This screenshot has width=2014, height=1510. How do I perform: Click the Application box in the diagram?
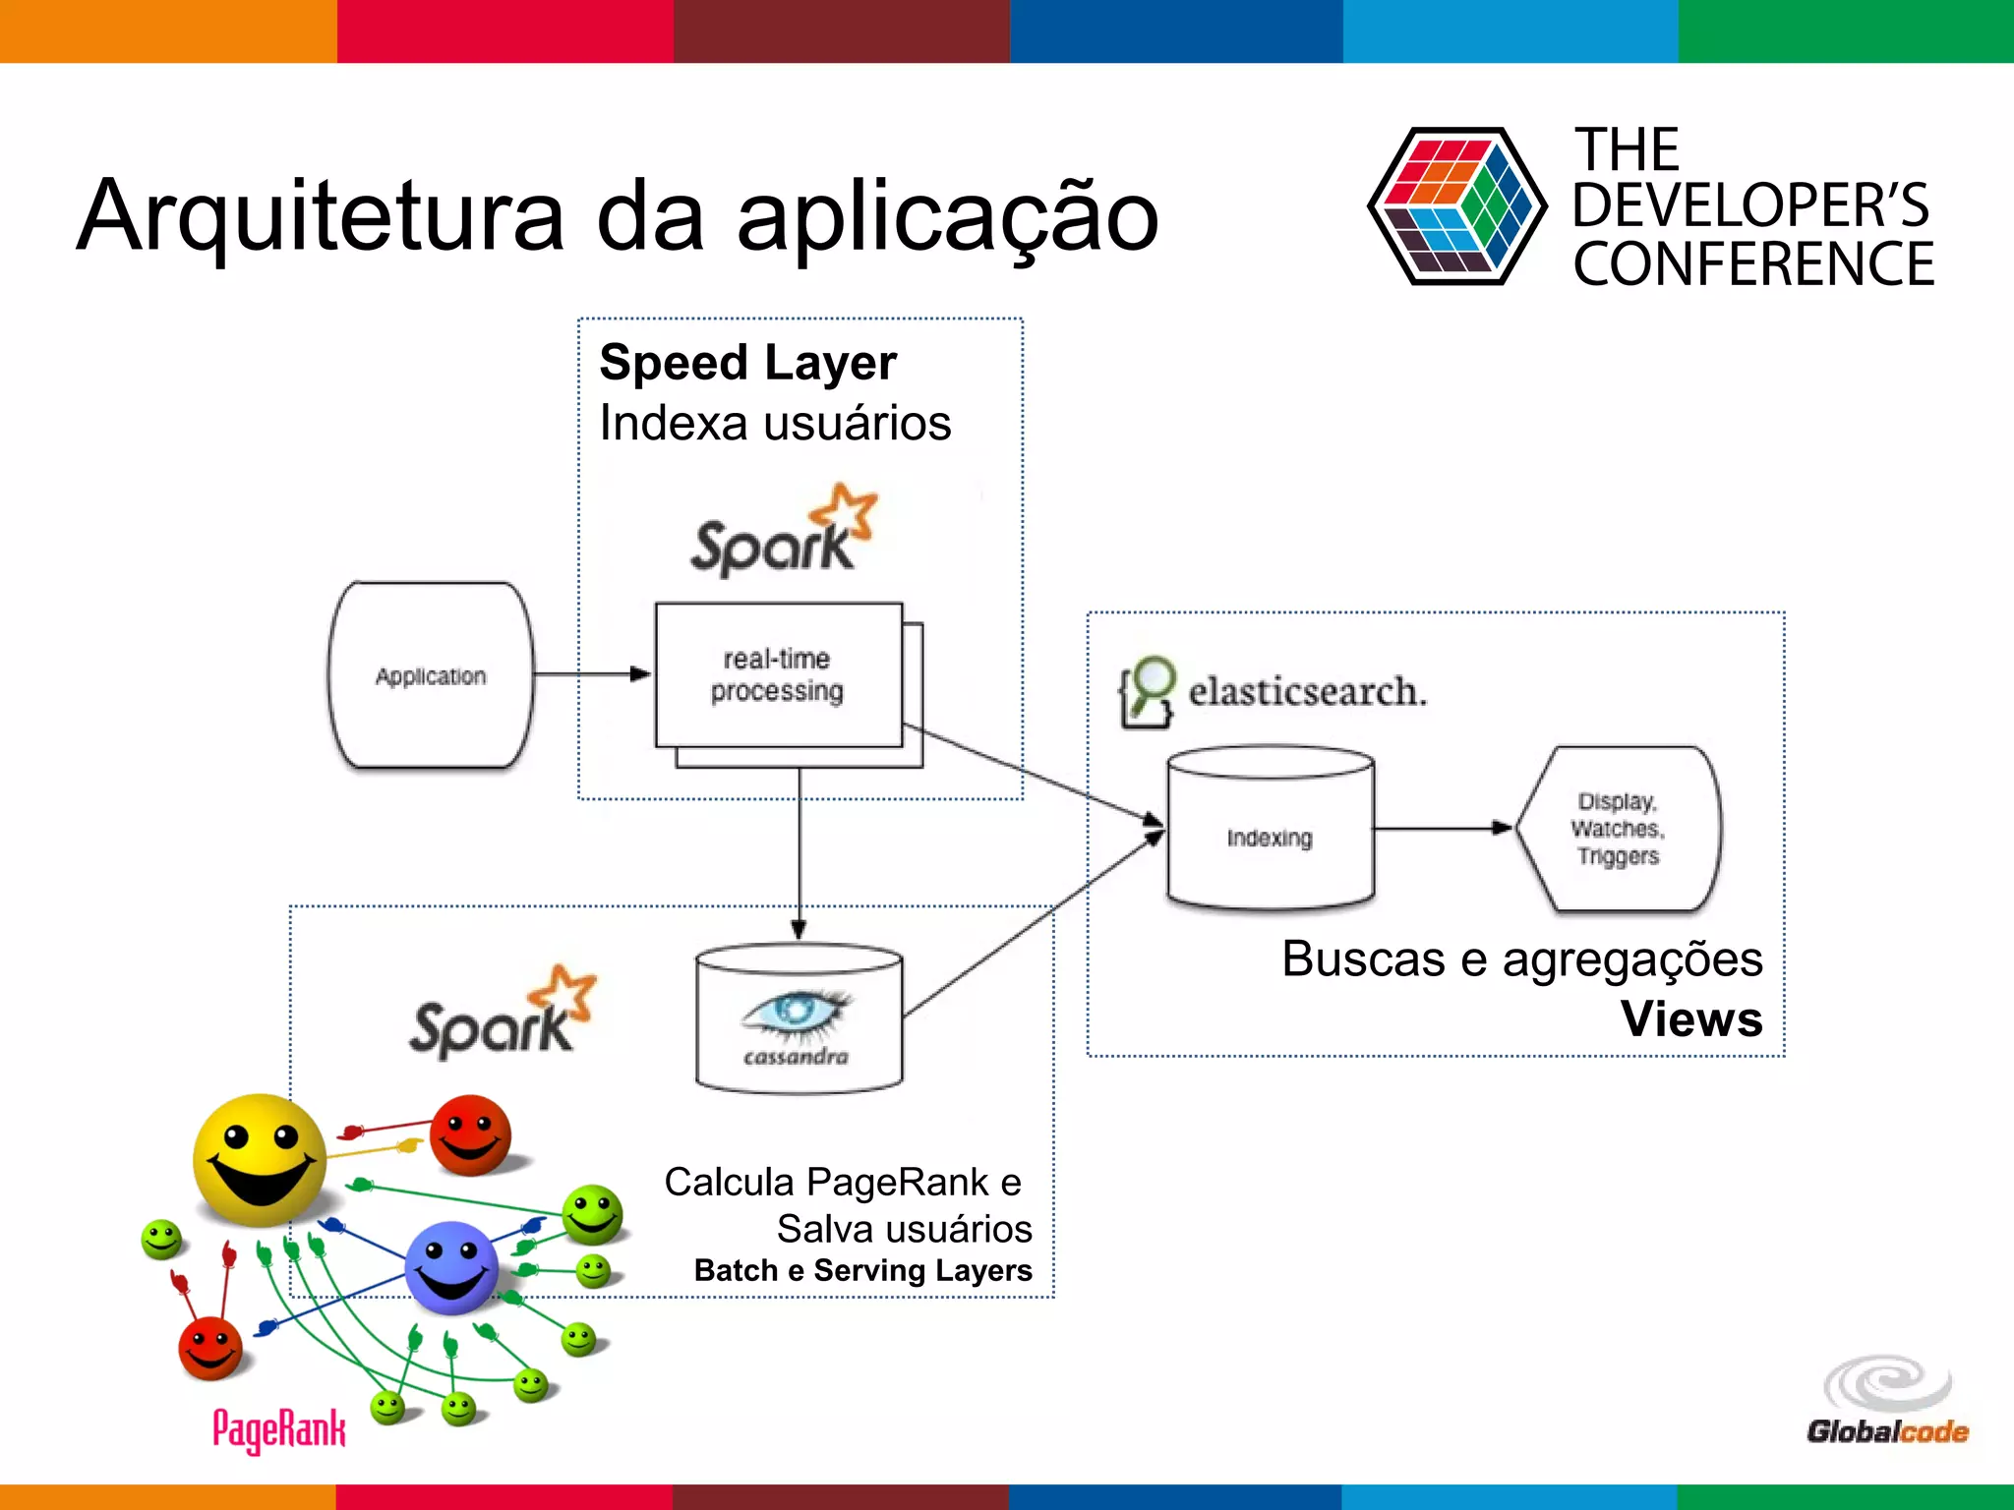coord(431,675)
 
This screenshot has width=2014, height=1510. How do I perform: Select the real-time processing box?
coord(778,675)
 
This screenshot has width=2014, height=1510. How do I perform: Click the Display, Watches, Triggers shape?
coord(1619,829)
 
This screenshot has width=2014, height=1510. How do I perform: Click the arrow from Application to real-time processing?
coord(590,674)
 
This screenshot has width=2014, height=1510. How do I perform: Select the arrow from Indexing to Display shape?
coord(1442,829)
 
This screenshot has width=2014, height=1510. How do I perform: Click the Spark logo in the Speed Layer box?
coord(783,531)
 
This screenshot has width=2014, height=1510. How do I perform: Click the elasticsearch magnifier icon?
coord(1148,691)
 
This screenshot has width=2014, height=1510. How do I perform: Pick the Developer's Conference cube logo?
coord(1456,205)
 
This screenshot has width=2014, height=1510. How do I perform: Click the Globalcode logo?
coord(1887,1400)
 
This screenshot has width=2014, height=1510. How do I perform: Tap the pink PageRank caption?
coord(279,1428)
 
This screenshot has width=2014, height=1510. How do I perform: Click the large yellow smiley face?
coord(260,1160)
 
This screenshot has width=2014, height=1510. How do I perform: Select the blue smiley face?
coord(451,1267)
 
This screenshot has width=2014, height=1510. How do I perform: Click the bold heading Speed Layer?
coord(747,363)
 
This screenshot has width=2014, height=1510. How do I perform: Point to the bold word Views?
coord(1691,1018)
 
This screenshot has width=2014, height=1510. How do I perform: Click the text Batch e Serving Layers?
coord(862,1270)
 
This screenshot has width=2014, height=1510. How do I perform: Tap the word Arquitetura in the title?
coord(321,216)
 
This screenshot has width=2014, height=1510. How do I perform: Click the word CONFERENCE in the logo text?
coord(1752,265)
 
